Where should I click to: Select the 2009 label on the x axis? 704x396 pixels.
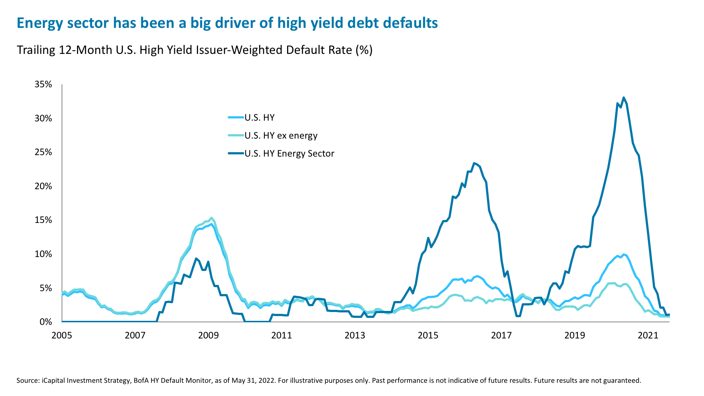[208, 335]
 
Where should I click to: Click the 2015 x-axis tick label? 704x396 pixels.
[428, 335]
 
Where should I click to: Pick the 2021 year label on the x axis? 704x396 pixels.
[648, 335]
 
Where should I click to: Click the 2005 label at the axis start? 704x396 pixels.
[62, 335]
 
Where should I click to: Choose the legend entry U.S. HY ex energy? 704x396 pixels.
[280, 136]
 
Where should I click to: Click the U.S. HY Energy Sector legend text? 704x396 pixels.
[289, 154]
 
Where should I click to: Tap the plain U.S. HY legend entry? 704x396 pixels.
[259, 118]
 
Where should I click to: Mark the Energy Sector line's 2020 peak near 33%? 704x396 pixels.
[623, 98]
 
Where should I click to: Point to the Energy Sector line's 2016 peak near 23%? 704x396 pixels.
[474, 163]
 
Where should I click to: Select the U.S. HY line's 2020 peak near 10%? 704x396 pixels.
[623, 254]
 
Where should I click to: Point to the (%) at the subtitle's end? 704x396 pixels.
[363, 50]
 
